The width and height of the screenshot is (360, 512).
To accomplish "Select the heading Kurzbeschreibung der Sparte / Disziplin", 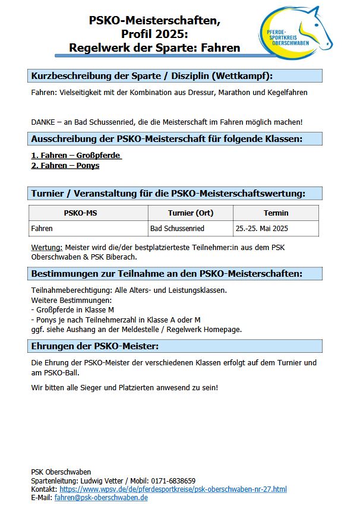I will click(x=151, y=75).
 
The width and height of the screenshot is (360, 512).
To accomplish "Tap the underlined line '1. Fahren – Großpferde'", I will click(x=76, y=156).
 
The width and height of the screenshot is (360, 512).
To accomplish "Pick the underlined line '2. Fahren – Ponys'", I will click(x=65, y=166).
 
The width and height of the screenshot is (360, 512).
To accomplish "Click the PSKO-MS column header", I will click(x=88, y=213).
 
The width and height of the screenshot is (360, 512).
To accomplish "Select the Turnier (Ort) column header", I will click(x=190, y=213).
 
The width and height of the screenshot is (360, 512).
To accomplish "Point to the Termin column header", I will click(x=276, y=213).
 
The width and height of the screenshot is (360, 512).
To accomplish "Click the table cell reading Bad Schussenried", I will click(x=177, y=228).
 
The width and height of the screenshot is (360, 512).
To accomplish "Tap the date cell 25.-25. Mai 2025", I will click(x=262, y=228).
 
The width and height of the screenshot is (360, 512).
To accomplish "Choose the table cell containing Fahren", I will click(x=42, y=228).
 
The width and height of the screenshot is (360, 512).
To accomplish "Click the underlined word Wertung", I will click(x=46, y=247).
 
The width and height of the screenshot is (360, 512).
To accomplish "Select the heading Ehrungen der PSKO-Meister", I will click(x=94, y=346).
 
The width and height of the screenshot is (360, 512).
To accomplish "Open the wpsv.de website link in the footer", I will click(x=173, y=489).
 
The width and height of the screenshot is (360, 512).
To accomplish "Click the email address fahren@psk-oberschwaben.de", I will click(x=101, y=497).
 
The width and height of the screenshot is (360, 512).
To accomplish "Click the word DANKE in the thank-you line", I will click(x=43, y=122).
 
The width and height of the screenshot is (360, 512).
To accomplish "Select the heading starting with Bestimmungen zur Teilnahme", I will click(x=166, y=273).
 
